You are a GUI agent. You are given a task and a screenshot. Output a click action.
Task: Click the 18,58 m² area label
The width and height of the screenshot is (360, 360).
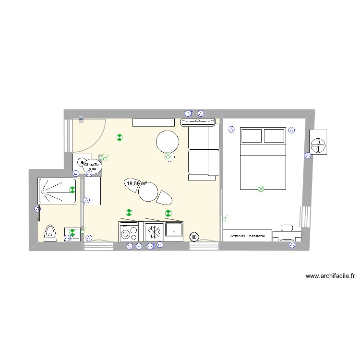136,183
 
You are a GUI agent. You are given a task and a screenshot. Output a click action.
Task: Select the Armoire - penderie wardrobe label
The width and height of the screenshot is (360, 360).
247,237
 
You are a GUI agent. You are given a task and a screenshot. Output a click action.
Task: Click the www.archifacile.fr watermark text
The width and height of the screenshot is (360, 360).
330,276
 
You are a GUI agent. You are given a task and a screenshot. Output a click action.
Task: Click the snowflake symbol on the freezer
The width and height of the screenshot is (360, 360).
154,232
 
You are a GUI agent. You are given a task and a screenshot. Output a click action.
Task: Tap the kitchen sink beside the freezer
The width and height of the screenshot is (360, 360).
173,229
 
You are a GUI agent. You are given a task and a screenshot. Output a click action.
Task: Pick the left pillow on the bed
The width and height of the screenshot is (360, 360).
251,136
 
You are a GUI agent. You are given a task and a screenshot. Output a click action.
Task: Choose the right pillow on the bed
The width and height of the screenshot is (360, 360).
274,136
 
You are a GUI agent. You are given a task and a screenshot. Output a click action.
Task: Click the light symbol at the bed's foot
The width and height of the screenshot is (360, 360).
261,189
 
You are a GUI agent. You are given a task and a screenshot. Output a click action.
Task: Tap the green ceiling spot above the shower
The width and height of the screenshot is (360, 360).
72,190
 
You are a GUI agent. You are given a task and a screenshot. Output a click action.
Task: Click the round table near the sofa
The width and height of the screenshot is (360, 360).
168,142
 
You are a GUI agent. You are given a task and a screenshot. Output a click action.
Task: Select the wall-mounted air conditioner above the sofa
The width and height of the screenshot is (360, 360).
197,123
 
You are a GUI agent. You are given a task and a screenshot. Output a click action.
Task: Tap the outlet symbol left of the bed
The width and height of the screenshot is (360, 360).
231,129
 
